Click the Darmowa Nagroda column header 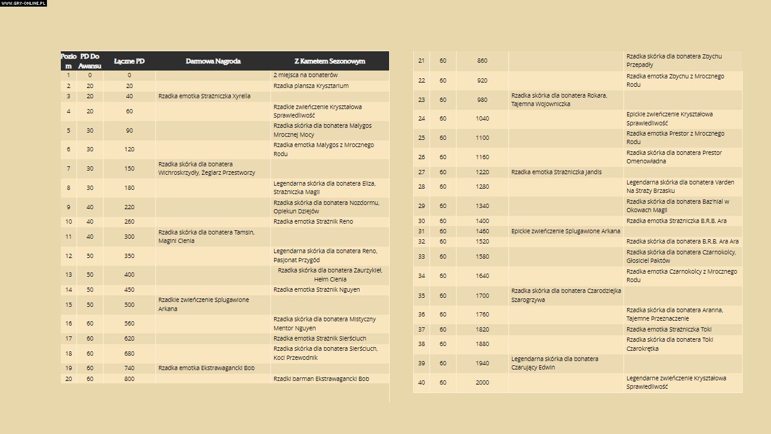[x=213, y=61]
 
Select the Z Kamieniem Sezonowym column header [x=329, y=61]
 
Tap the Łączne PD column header [x=129, y=61]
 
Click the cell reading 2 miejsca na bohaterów [x=305, y=75]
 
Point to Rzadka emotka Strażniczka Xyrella [x=204, y=96]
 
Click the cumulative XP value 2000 [x=482, y=382]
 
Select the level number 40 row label [x=421, y=382]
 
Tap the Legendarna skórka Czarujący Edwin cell [x=555, y=363]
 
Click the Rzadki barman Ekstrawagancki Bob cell [x=321, y=379]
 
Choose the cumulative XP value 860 [x=482, y=60]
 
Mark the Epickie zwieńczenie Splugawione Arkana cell [x=566, y=231]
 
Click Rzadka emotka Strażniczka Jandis [x=556, y=172]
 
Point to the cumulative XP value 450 [x=129, y=289]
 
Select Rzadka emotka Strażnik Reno [x=313, y=221]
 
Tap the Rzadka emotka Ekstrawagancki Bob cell [x=206, y=368]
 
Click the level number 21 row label [x=421, y=60]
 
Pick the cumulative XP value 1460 [x=482, y=231]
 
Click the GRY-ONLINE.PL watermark [x=23, y=3]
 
